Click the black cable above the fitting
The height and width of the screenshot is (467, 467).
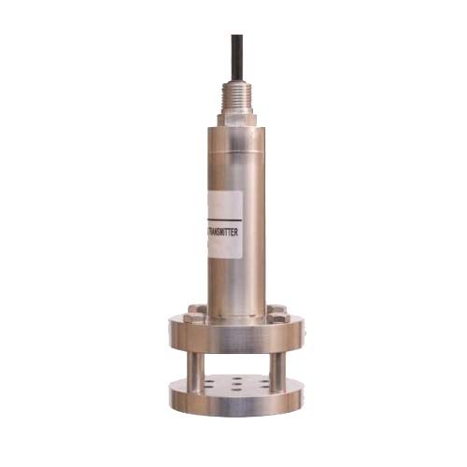(236, 56)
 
